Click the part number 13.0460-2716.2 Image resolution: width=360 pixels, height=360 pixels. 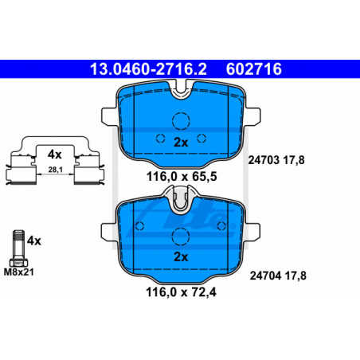(x=148, y=69)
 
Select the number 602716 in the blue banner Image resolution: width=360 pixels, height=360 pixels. (x=254, y=69)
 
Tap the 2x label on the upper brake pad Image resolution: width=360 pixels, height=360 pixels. (x=181, y=143)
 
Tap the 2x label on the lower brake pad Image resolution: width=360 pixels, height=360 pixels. (x=181, y=256)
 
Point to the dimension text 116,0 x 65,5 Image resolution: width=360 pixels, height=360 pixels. (x=182, y=176)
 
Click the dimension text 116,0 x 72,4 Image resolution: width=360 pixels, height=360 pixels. (x=181, y=292)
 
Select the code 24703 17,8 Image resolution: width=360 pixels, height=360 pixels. (x=276, y=160)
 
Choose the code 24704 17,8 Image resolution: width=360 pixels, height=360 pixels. (x=278, y=276)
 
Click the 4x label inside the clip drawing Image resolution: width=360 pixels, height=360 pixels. (x=54, y=155)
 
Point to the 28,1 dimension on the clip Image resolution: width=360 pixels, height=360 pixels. (x=55, y=170)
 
